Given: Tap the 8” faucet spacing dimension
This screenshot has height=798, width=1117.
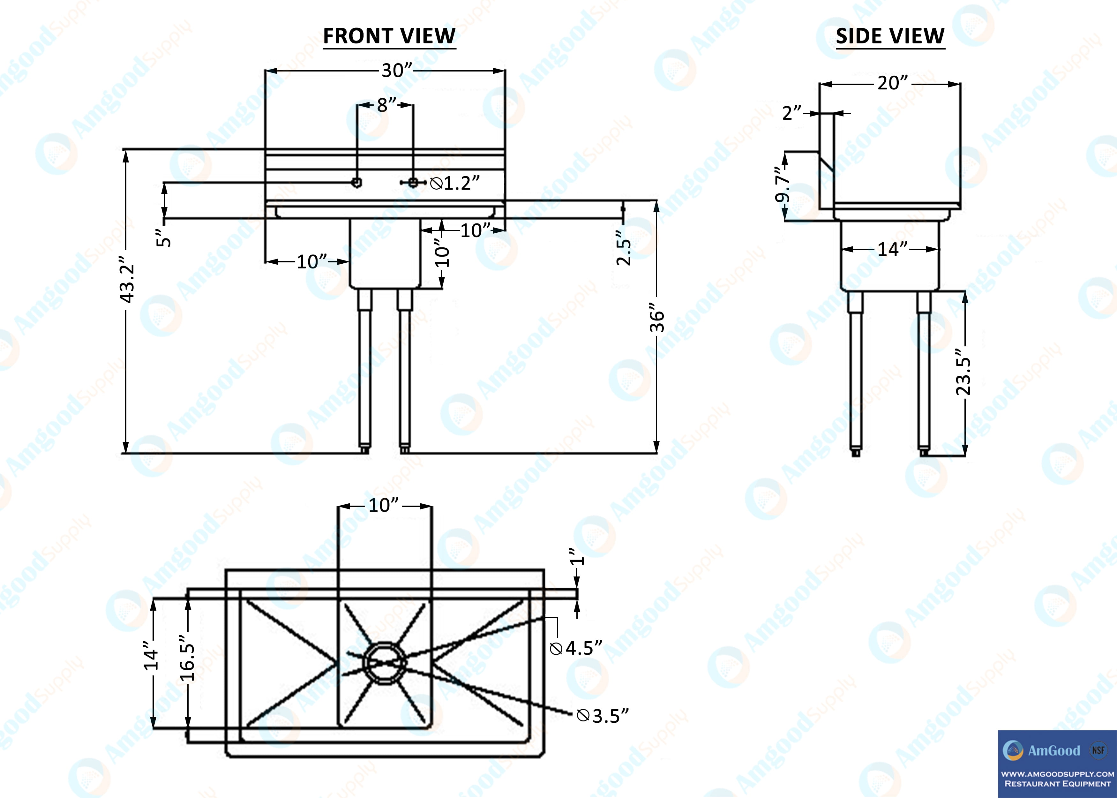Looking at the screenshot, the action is point(386,105).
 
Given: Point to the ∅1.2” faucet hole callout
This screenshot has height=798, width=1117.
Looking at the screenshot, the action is point(455,183).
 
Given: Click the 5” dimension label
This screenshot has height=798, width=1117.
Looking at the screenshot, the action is point(164,238).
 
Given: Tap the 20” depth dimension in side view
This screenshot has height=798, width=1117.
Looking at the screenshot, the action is point(893,83).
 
